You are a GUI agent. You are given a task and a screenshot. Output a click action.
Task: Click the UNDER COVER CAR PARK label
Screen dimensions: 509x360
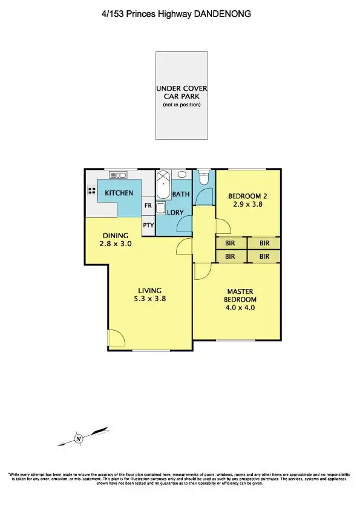182,92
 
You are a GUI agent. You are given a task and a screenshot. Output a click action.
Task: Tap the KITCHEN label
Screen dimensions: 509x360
119,193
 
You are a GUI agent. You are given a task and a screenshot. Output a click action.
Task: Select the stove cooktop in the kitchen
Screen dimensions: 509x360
93,191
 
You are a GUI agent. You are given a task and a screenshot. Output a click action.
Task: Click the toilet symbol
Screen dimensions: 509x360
204,178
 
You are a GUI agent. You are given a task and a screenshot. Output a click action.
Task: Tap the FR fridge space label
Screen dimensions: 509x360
148,206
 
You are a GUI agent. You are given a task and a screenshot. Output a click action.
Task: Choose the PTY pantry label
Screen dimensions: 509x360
148,225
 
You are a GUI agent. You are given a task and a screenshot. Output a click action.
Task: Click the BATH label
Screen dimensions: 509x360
181,194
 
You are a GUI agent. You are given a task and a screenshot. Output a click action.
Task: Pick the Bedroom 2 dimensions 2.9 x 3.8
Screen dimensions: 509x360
248,204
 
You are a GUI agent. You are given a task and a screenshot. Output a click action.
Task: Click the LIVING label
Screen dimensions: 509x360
150,290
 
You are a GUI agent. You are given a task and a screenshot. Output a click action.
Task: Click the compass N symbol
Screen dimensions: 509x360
78,438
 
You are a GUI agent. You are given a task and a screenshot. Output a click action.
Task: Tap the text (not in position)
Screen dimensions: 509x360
182,105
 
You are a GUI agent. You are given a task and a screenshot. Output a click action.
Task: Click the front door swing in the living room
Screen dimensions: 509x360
115,339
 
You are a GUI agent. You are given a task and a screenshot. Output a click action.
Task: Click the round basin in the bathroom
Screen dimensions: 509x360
182,174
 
